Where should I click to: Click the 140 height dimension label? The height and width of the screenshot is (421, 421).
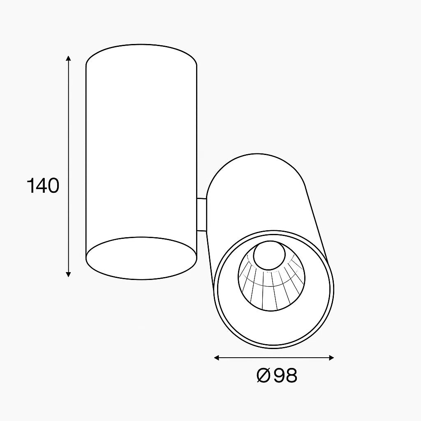(x=43, y=185)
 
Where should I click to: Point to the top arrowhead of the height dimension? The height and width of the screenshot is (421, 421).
(x=69, y=59)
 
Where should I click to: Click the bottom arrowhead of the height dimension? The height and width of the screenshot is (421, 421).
(x=69, y=273)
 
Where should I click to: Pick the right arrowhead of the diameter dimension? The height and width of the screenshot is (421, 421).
(x=331, y=358)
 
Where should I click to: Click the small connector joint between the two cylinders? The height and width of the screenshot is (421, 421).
(x=201, y=215)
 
